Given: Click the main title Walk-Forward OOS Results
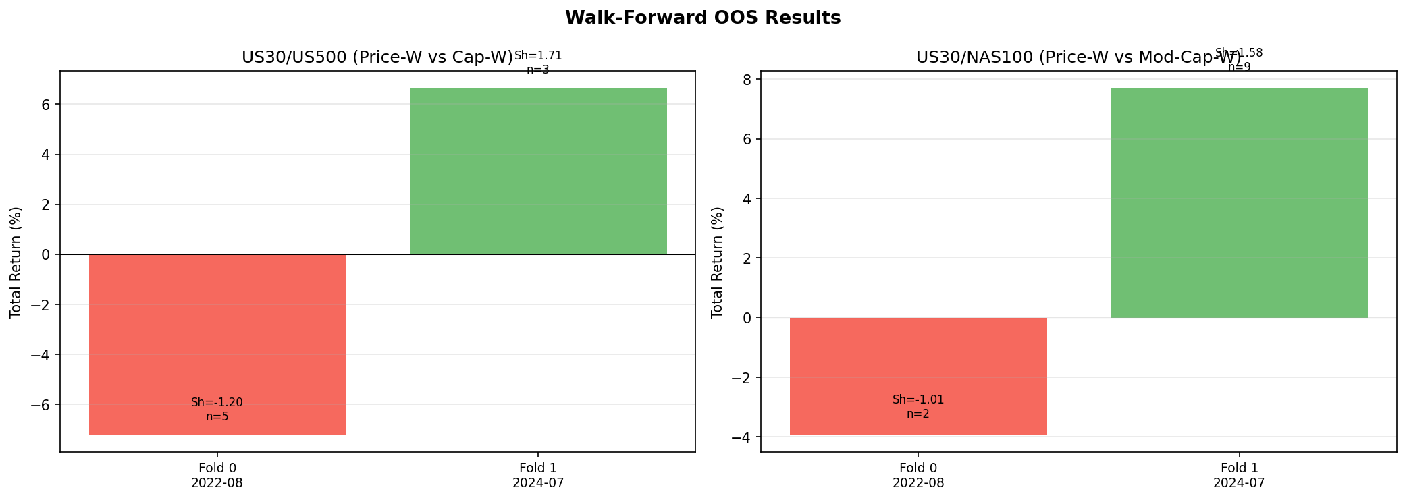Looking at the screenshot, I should click(703, 18).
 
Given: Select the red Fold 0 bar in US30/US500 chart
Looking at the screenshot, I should click(217, 344).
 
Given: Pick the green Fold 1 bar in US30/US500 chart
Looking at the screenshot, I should click(538, 171).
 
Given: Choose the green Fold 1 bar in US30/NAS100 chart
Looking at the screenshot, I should click(1239, 202).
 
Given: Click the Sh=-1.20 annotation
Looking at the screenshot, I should click(217, 403).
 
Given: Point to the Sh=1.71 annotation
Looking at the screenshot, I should click(538, 56).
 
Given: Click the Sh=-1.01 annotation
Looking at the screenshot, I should click(918, 400).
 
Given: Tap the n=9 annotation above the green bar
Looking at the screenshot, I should click(1239, 67).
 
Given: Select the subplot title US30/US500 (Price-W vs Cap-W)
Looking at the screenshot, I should click(377, 58).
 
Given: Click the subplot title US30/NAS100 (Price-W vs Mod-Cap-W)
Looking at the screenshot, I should click(1078, 58).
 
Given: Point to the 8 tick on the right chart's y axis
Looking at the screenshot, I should click(747, 80).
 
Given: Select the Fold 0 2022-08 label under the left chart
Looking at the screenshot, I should click(217, 475).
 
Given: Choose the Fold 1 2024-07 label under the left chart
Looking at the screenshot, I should click(538, 475).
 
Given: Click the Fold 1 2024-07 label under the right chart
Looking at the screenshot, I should click(1239, 475).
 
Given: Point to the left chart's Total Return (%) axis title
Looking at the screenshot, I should click(16, 262).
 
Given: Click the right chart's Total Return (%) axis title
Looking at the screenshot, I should click(717, 262).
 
